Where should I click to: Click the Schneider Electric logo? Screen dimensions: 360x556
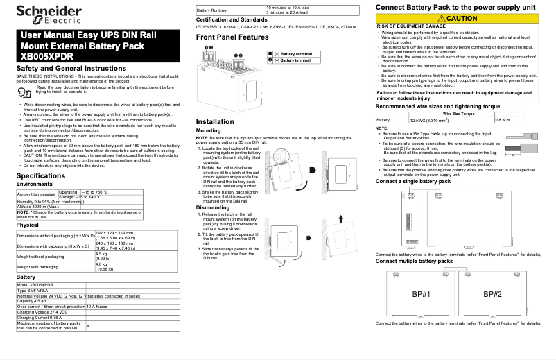44,15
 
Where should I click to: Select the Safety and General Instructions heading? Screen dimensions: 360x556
71,69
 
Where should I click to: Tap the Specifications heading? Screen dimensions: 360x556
41,176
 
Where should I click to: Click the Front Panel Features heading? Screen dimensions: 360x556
232,37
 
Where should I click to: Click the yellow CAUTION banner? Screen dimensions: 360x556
462,17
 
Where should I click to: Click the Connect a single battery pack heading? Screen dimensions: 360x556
413,181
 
